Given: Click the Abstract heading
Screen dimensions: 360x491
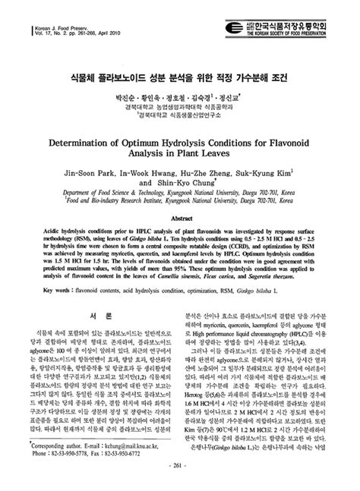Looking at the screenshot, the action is point(180,217).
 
